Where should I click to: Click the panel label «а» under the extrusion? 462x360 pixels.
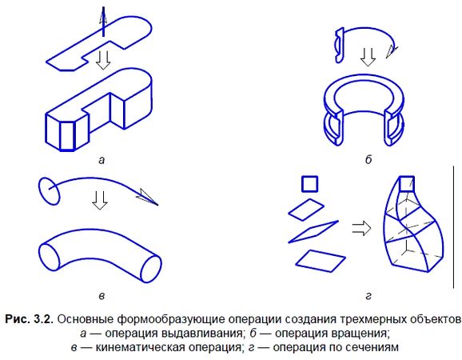point(101,160)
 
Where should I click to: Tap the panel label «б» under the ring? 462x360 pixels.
point(368,160)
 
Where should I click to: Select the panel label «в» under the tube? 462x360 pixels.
point(99,296)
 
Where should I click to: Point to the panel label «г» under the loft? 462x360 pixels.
point(368,296)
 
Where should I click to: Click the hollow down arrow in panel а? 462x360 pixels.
point(102,59)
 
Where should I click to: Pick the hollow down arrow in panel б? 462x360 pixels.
point(368,58)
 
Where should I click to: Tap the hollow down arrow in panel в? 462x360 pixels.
point(99,200)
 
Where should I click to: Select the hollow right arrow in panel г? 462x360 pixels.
point(362,228)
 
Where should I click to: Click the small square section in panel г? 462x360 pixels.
point(309,184)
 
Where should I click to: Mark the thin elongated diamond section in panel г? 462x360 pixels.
point(309,232)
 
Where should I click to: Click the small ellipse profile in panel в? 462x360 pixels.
point(48,189)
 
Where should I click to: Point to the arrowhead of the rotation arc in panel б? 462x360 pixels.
point(391,51)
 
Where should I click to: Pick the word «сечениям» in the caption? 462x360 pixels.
point(374,347)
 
